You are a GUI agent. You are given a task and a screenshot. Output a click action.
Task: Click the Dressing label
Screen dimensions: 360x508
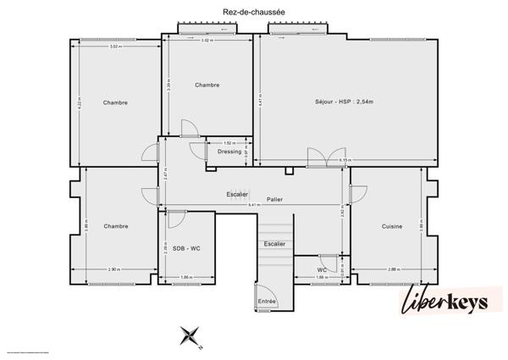[229, 152]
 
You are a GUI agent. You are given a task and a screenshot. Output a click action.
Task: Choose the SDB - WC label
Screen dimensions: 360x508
[185, 249]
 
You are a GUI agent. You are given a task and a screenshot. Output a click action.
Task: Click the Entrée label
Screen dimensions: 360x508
[267, 301]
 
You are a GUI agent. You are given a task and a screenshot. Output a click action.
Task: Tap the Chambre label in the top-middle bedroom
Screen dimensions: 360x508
[207, 85]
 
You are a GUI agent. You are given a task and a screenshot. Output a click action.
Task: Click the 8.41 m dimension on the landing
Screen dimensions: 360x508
[254, 206]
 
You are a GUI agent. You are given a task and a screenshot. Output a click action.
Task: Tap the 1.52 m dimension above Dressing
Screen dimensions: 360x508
[229, 143]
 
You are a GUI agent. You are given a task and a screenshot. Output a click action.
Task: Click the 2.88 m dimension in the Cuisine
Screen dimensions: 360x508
[393, 269]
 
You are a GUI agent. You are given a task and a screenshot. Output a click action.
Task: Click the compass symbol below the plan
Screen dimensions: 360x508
[191, 335]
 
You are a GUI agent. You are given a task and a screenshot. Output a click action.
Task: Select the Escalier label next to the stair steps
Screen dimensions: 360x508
[274, 244]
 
